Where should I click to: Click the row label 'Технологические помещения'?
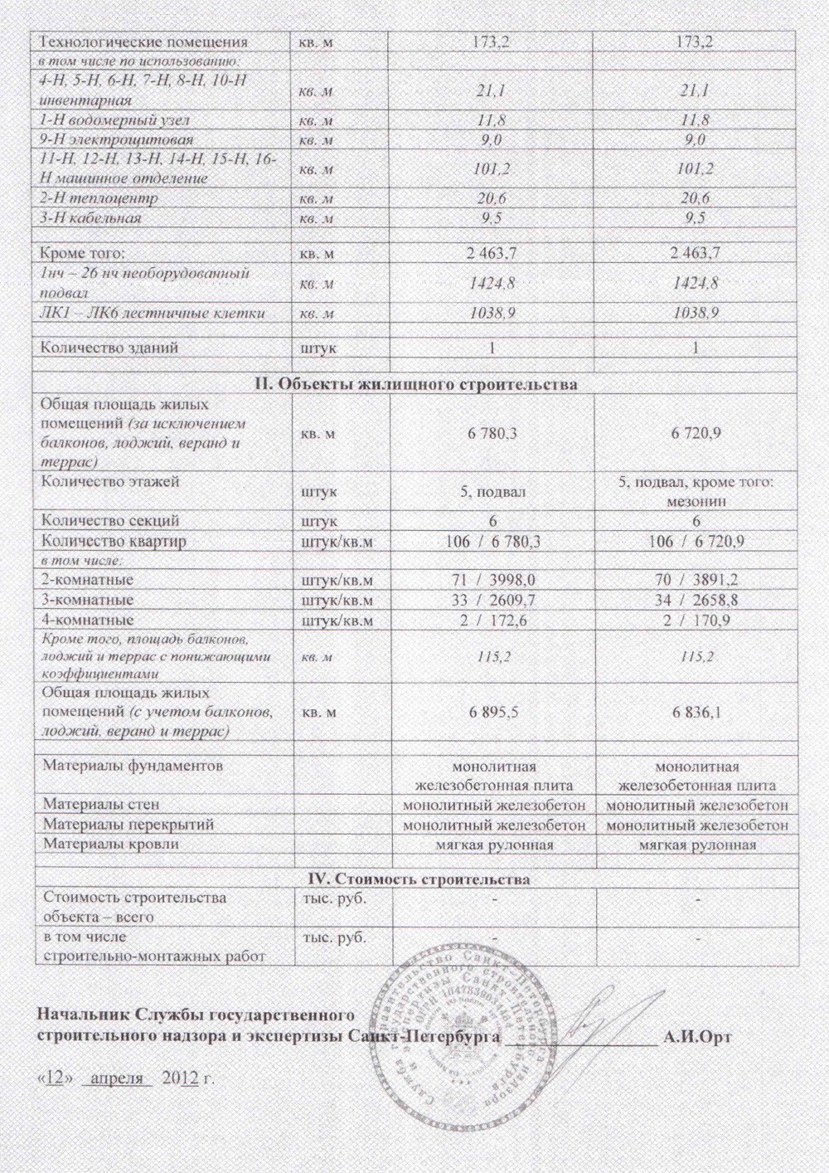point(144,41)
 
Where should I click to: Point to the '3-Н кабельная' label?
point(90,218)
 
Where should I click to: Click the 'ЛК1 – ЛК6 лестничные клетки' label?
point(153,314)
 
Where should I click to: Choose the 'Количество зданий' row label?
point(109,348)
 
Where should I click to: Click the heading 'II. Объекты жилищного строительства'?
point(413,385)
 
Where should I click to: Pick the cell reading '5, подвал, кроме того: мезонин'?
point(696,491)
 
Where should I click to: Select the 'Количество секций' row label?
point(111,521)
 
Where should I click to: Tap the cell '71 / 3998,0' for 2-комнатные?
point(494,579)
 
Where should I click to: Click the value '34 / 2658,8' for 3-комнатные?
point(696,600)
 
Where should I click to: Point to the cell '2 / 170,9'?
point(696,620)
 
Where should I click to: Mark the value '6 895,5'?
point(494,712)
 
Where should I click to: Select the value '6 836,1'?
point(696,712)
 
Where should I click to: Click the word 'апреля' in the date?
point(120,1078)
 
